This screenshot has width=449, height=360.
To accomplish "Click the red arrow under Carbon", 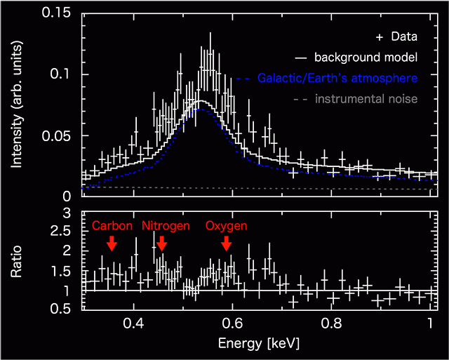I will tap(111, 243).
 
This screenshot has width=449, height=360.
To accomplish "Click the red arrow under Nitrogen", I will tap(162, 243).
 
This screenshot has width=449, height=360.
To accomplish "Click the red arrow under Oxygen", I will tap(226, 243).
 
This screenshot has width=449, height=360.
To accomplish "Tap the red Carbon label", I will tap(112, 226).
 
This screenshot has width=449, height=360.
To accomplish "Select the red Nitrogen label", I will tap(166, 226).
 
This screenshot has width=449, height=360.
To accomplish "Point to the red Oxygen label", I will tap(226, 226).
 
